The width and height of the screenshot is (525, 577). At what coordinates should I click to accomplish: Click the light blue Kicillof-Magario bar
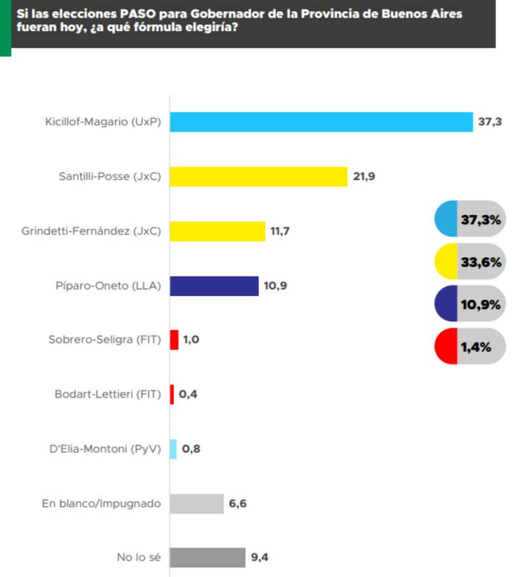point(322,122)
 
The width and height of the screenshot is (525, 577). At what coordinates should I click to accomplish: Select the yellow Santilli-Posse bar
point(259,177)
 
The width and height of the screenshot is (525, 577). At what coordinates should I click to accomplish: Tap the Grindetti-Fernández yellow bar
point(217,231)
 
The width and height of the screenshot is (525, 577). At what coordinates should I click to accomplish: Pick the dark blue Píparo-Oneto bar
point(215,286)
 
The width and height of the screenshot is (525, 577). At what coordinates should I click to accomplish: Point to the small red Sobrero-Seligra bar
point(174,340)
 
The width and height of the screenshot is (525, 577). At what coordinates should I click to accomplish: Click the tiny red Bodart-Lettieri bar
point(172,395)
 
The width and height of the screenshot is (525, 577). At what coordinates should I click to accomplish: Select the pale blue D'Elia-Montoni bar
point(173,449)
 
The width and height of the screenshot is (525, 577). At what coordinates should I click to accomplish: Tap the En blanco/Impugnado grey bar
point(197,503)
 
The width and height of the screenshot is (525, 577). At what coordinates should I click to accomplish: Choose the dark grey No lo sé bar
point(207,558)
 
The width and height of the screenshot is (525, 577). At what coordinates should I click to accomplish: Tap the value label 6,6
point(238,503)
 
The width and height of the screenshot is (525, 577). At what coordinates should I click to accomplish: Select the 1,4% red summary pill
point(470,347)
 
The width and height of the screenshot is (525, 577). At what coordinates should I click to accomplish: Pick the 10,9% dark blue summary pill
point(470,305)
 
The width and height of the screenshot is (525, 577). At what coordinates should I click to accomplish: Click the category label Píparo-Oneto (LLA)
point(108,286)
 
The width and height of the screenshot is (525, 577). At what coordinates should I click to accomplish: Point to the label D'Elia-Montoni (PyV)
point(105,449)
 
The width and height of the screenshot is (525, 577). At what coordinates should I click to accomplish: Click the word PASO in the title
point(140,14)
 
